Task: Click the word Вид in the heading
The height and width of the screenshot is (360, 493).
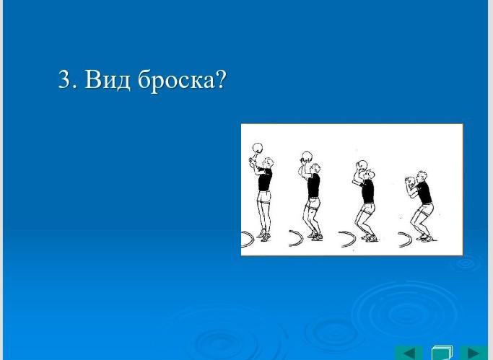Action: pos(108,79)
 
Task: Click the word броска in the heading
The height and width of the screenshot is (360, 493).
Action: pos(175,80)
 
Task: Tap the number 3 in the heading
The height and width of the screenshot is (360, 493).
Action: pos(64,79)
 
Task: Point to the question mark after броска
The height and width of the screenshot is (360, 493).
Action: pos(221,79)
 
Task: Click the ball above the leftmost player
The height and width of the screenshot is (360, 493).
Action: pos(258,148)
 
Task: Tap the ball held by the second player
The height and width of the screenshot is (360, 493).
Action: pos(307,156)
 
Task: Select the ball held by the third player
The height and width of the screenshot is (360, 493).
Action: pos(362,165)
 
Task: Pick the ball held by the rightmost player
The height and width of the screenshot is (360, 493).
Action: pos(411,181)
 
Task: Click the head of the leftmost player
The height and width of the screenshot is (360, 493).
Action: pos(269,163)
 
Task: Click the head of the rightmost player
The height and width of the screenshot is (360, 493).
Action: pos(422,177)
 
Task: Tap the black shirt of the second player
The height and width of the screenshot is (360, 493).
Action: pos(313,185)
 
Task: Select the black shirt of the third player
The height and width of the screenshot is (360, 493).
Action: pos(367,191)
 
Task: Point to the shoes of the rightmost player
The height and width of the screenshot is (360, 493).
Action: pos(425,238)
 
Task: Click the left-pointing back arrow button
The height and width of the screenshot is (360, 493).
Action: pos(409,353)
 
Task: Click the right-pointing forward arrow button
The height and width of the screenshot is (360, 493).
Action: pos(474,353)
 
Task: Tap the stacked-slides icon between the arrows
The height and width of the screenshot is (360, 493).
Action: pos(442,353)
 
